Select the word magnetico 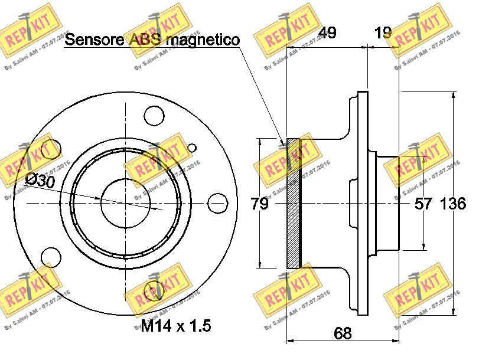click(x=203, y=40)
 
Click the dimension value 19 click(x=383, y=32)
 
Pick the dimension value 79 click(x=259, y=204)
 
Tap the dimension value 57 click(x=423, y=204)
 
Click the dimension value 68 click(x=343, y=333)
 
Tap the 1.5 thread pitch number click(x=200, y=325)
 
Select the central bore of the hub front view click(x=125, y=202)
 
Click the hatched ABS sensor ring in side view click(x=294, y=204)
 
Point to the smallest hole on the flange click(x=191, y=148)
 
